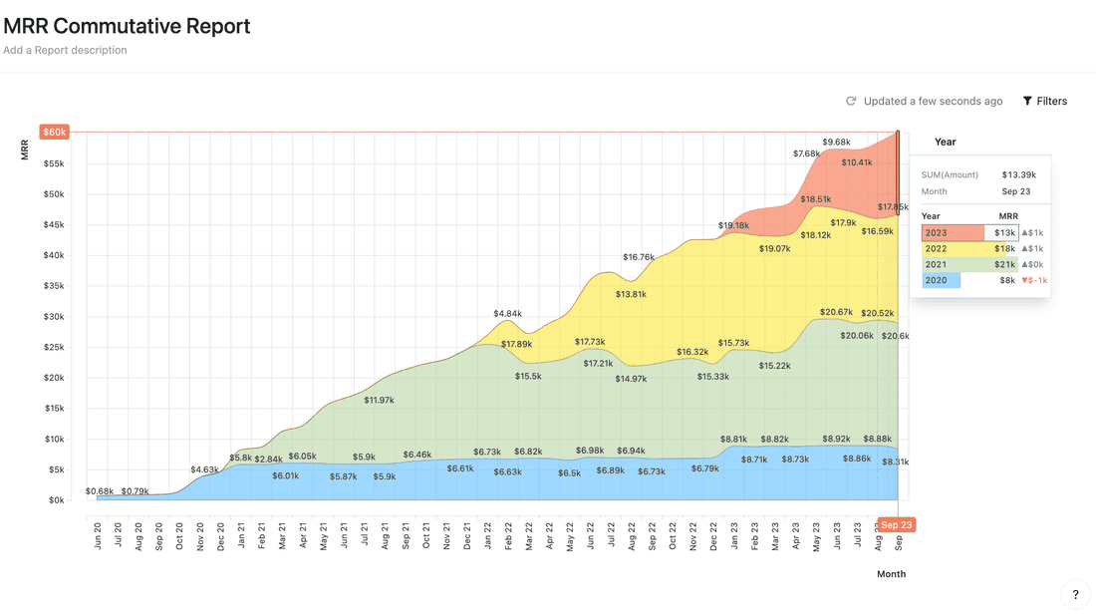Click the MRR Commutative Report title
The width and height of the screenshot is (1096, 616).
coord(127,26)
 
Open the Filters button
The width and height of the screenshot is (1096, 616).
coord(1044,101)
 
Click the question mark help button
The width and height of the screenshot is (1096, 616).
coord(1075,595)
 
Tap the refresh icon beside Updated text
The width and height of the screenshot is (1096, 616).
coord(851,101)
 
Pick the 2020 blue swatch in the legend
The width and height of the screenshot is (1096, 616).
coord(942,280)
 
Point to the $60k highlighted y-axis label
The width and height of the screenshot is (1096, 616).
coord(54,132)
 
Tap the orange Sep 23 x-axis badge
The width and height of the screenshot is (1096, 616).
coord(896,524)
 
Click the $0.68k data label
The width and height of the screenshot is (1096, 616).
coord(100,490)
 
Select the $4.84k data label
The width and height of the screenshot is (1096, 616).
coord(508,314)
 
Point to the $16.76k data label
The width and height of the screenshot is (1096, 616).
coord(639,257)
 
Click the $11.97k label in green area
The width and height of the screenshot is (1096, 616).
coord(379,400)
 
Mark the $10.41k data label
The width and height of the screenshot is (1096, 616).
coord(857,161)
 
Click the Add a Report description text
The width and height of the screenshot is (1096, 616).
coord(65,50)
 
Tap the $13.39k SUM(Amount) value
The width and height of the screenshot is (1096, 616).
coord(1016,174)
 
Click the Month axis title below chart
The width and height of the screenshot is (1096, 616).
coord(891,574)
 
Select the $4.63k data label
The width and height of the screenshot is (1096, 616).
coord(204,469)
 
